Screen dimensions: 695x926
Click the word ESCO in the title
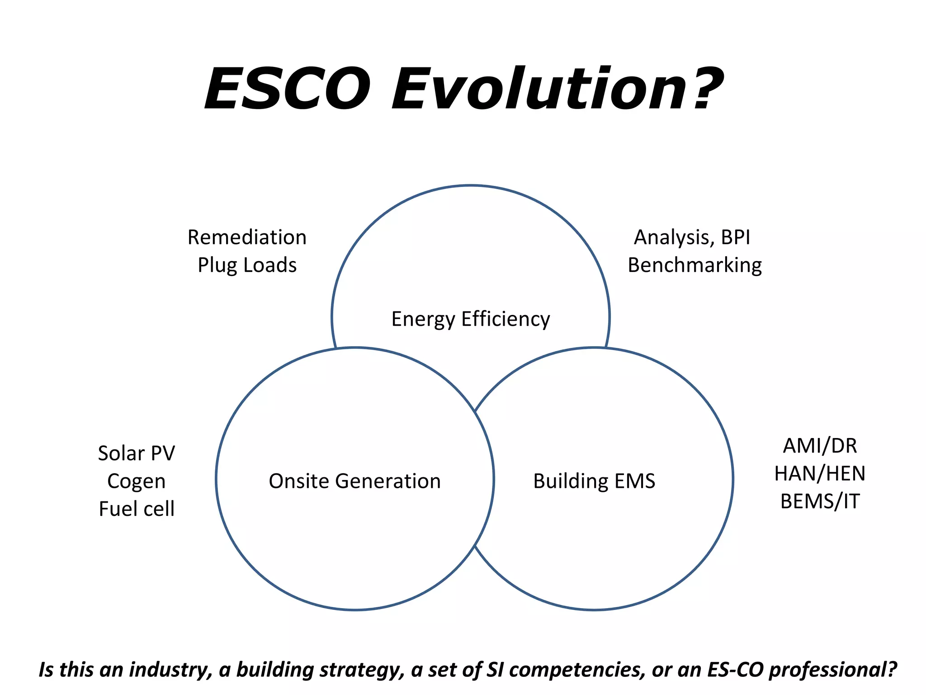(x=288, y=89)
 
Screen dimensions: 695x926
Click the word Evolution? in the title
(x=557, y=89)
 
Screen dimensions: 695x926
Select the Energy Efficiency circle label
(x=470, y=319)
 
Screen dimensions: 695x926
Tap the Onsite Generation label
(x=354, y=481)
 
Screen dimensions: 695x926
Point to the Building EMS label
(x=594, y=481)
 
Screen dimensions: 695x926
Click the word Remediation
(x=247, y=238)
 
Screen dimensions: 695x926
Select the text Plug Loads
(x=247, y=265)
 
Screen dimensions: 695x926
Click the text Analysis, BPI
(x=692, y=238)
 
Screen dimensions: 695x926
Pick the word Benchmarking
(x=694, y=265)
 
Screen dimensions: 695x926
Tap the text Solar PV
(x=136, y=453)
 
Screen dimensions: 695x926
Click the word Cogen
(x=136, y=481)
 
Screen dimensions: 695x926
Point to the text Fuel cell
(x=136, y=509)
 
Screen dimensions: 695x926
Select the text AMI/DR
(x=820, y=446)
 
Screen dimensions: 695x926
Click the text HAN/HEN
(x=820, y=474)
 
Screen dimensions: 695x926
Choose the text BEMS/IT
(x=820, y=501)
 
